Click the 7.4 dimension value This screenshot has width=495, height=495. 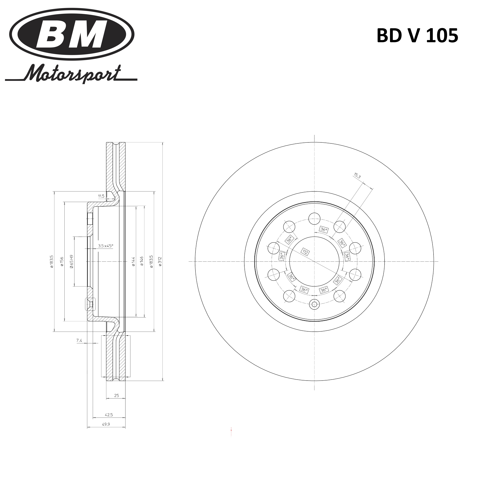79,341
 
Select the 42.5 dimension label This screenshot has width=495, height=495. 109,415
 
